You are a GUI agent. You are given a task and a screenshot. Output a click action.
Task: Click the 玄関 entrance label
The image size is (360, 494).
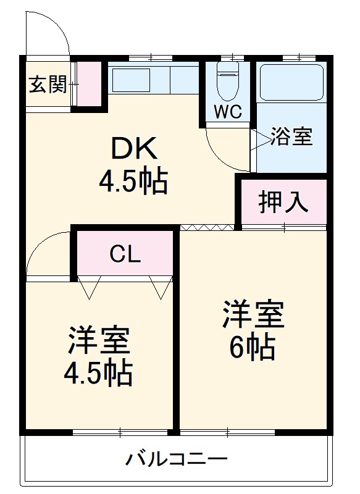(48, 85)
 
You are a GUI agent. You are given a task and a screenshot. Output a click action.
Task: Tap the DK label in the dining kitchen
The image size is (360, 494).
(134, 149)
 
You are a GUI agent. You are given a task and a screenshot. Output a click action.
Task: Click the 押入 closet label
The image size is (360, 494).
(283, 201)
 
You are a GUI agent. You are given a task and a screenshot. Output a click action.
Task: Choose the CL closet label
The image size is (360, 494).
(125, 253)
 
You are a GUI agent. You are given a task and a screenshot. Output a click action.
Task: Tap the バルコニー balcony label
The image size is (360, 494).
(177, 459)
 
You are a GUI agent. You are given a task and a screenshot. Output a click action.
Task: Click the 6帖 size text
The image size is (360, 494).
(253, 349)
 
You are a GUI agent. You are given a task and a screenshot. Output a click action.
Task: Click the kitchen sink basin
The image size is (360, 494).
(130, 80)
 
